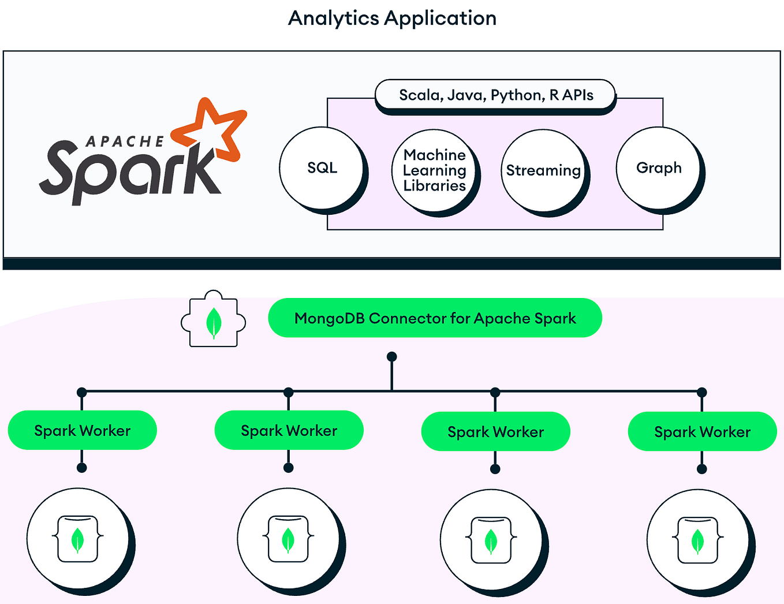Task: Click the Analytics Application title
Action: pos(392,18)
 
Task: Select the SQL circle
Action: pos(322,168)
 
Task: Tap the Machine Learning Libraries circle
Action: pos(434,170)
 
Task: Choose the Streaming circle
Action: pos(543,171)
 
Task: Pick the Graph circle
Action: pos(658,168)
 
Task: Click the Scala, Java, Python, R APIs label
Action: pos(495,95)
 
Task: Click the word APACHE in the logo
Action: pos(125,141)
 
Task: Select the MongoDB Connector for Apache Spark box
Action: pos(435,318)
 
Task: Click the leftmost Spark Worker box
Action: pos(82,431)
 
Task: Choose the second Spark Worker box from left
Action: pos(289,431)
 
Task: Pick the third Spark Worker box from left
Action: pos(495,432)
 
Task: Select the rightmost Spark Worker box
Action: pos(702,432)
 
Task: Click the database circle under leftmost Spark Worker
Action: pos(78,539)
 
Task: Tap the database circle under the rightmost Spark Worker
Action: pos(697,540)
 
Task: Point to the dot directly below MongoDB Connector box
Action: pos(392,356)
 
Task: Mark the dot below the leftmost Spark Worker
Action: pos(82,468)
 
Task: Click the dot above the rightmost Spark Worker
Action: pos(702,393)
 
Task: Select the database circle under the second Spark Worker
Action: pos(288,539)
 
